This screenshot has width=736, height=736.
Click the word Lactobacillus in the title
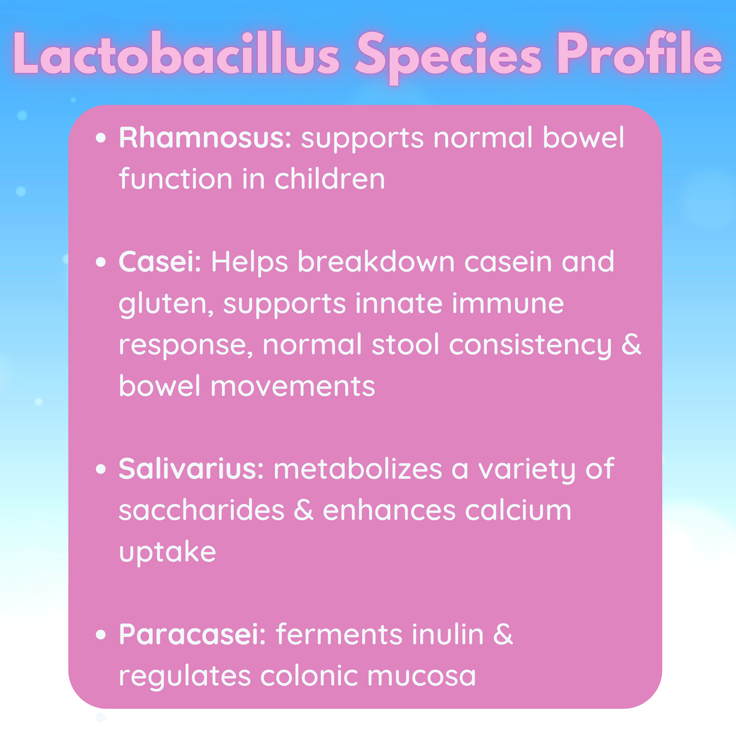coord(176,54)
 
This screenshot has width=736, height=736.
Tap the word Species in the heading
coord(448,57)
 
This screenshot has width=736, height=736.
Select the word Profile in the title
coord(639,53)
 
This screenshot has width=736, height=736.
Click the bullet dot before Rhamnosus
coord(100,138)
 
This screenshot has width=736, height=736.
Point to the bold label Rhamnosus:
coord(205,137)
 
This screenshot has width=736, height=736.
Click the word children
coord(330,178)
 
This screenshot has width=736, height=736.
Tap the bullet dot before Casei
coord(100,262)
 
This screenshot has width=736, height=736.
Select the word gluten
coord(166,305)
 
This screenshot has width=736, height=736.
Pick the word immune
coord(508,303)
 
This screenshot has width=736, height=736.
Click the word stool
coord(405,344)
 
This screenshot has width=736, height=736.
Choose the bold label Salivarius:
coord(192,469)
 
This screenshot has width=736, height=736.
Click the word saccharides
coord(202,510)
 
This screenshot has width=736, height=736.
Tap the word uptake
coord(167,552)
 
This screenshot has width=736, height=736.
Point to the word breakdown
coord(376,261)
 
